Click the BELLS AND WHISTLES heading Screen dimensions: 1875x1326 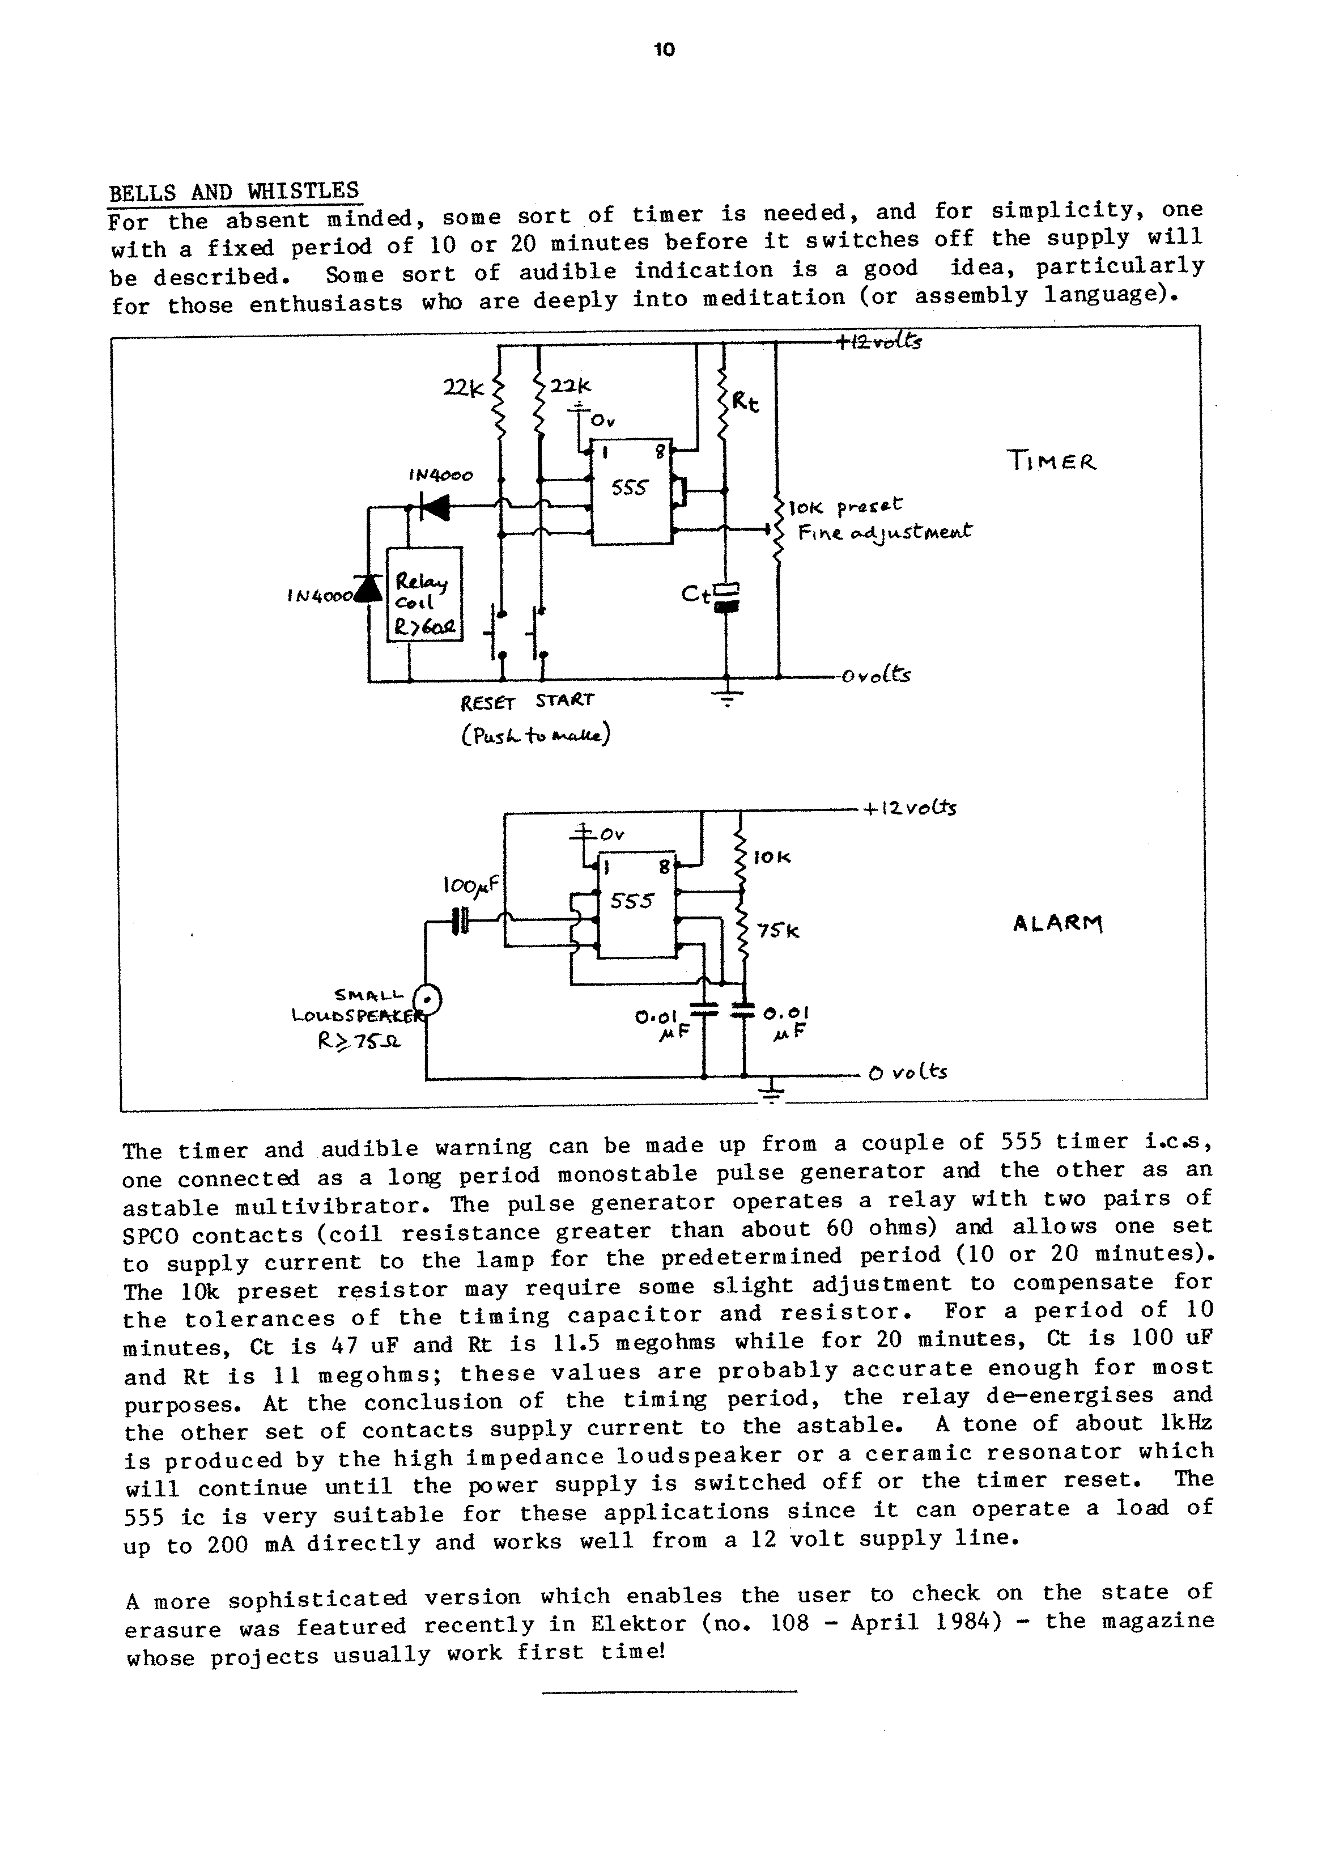235,192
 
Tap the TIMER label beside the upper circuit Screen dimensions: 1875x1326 1052,461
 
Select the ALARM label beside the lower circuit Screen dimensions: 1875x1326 1057,924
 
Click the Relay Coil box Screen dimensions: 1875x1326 424,593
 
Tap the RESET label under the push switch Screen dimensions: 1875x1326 487,702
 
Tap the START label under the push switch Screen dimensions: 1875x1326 565,701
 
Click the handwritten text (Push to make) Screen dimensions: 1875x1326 535,735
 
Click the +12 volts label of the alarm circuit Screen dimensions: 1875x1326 909,808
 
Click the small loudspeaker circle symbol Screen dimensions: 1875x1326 427,999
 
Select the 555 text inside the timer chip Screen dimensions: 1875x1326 630,489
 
